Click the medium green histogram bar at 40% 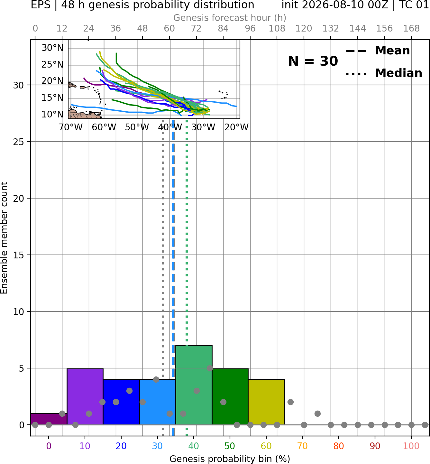click(194, 385)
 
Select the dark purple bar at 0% click(49, 419)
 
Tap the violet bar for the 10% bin click(85, 396)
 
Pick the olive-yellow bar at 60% click(266, 402)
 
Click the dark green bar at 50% click(230, 396)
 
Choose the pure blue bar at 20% click(121, 402)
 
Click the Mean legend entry click(378, 51)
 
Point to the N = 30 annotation click(313, 61)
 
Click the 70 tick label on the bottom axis click(302, 446)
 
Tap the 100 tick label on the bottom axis click(411, 446)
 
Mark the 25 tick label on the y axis click(18, 142)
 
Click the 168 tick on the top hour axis click(411, 29)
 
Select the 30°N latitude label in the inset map click(52, 48)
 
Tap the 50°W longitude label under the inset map click(137, 127)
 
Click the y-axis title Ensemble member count click(4, 238)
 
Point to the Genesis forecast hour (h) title click(230, 18)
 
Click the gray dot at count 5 click(210, 368)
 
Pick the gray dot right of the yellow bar click(290, 402)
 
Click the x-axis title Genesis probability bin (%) click(230, 459)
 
